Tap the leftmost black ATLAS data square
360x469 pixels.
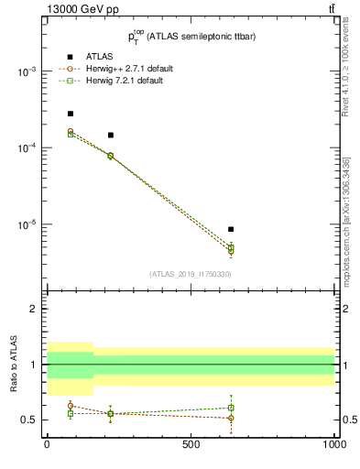click(x=70, y=114)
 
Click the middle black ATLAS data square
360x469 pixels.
click(x=110, y=135)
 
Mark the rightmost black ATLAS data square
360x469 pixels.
click(x=231, y=229)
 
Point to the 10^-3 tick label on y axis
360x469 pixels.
click(x=27, y=71)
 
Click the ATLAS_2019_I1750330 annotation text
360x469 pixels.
click(x=191, y=274)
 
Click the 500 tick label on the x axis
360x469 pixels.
click(x=191, y=444)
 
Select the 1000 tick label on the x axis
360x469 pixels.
click(x=334, y=444)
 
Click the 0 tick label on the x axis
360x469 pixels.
click(x=47, y=444)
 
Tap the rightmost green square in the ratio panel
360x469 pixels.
click(x=231, y=408)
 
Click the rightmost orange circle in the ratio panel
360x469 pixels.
click(x=231, y=418)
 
